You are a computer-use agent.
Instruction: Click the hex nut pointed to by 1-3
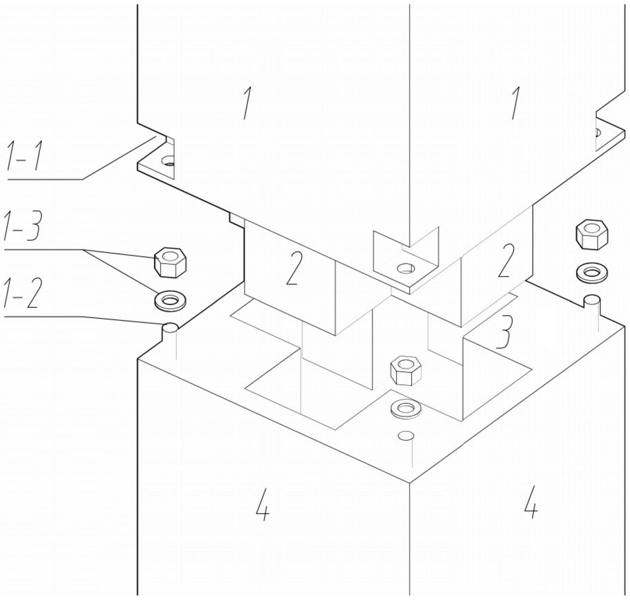click(x=170, y=262)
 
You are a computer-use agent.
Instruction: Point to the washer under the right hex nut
click(x=592, y=272)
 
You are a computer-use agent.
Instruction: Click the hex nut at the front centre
click(x=405, y=371)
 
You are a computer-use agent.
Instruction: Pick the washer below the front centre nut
click(x=406, y=408)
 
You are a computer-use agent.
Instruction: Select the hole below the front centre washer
click(x=406, y=435)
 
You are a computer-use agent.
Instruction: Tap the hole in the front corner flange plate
click(x=406, y=268)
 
